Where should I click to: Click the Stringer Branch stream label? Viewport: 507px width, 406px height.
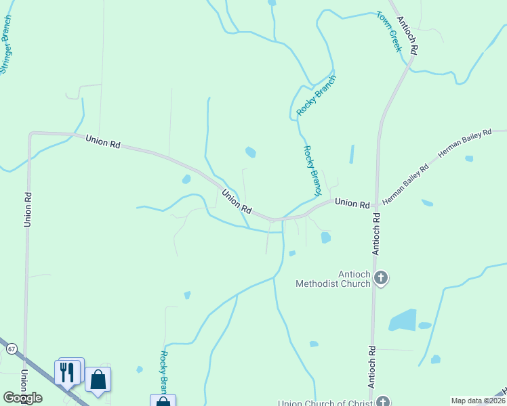click(x=7, y=48)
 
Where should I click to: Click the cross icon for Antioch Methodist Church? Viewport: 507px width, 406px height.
click(x=381, y=277)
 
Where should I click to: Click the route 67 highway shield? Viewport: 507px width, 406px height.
click(x=12, y=349)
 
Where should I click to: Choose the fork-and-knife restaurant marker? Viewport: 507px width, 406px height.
click(x=67, y=372)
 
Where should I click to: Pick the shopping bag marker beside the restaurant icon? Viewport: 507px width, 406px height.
click(x=98, y=381)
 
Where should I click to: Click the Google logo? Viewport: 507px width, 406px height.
click(x=22, y=398)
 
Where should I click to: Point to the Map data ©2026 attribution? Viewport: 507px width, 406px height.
click(x=479, y=401)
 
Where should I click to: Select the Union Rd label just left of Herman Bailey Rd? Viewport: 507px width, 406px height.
click(x=352, y=203)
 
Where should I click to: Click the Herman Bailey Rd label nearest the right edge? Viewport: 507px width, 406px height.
click(x=464, y=145)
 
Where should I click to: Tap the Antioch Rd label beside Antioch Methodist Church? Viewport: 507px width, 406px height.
click(x=377, y=233)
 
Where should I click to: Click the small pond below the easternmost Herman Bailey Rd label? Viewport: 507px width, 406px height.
click(x=469, y=158)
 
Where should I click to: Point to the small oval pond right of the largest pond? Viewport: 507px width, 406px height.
click(x=425, y=325)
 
